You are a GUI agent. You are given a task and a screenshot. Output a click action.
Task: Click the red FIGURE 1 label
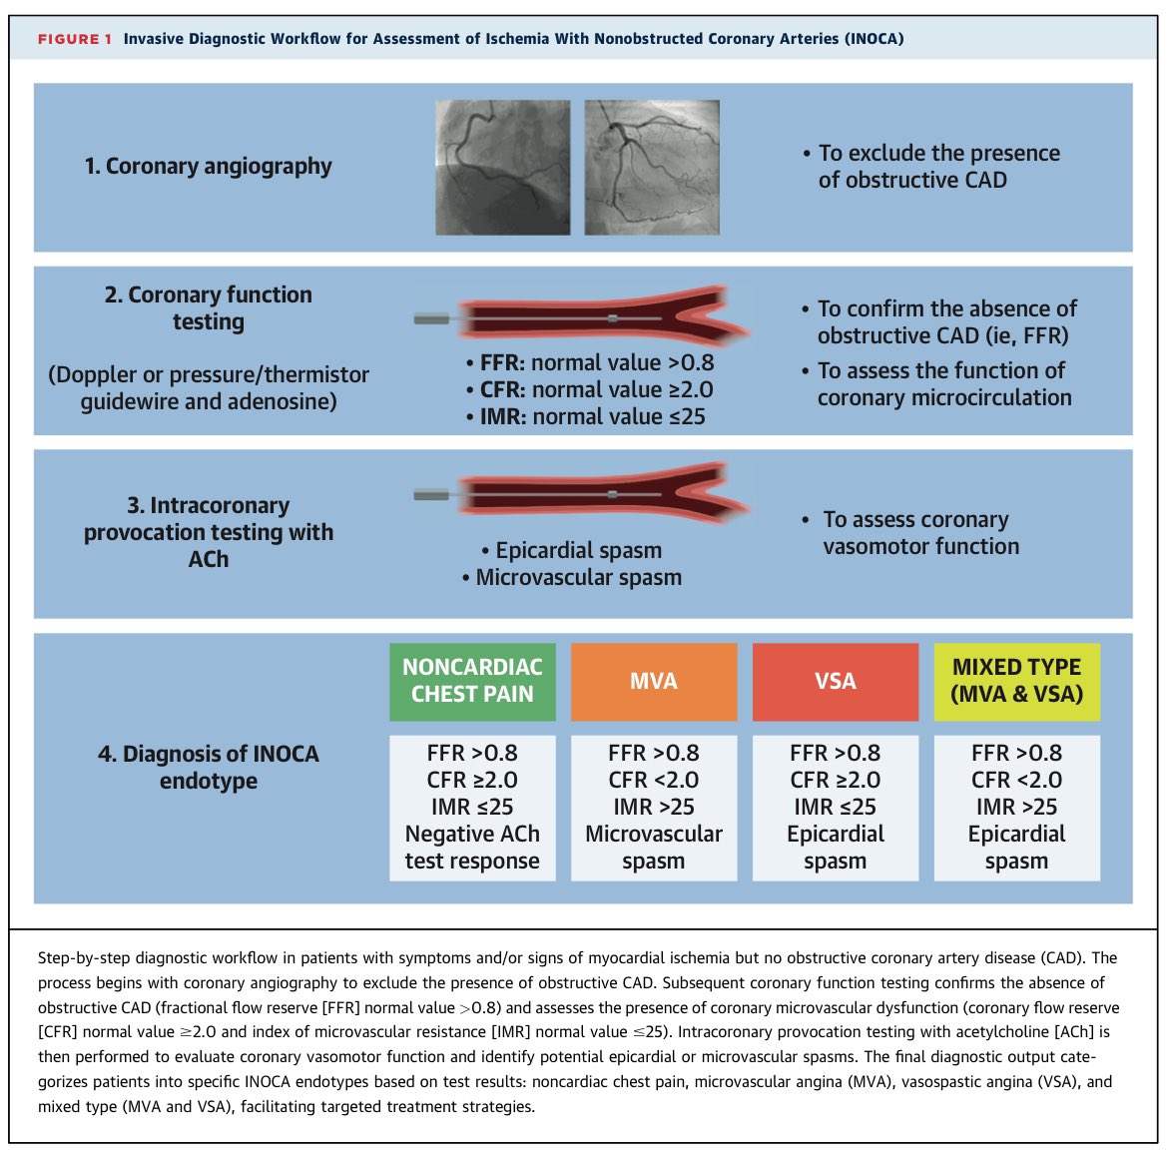pyautogui.click(x=75, y=39)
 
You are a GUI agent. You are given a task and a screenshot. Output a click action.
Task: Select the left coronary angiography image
pyautogui.click(x=503, y=168)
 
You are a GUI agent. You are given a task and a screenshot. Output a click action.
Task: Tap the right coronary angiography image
pyautogui.click(x=652, y=168)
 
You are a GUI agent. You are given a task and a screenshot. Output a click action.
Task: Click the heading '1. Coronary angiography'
pyautogui.click(x=208, y=166)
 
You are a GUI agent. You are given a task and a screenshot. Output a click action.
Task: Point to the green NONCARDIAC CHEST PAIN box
pyautogui.click(x=472, y=681)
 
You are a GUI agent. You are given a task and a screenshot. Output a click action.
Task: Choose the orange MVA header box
pyautogui.click(x=654, y=681)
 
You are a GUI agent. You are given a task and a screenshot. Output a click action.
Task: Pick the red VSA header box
pyautogui.click(x=835, y=681)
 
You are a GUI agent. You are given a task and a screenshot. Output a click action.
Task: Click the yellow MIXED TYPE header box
pyautogui.click(x=1017, y=681)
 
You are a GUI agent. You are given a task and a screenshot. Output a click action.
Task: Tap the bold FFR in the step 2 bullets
pyautogui.click(x=502, y=362)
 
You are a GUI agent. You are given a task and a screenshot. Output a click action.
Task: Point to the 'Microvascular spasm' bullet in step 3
pyautogui.click(x=571, y=577)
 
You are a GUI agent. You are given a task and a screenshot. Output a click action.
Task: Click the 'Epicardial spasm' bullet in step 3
pyautogui.click(x=571, y=551)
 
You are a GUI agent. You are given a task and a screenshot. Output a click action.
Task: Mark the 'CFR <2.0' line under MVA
pyautogui.click(x=654, y=780)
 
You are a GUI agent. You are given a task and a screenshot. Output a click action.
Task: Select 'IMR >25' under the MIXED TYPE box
pyautogui.click(x=1017, y=807)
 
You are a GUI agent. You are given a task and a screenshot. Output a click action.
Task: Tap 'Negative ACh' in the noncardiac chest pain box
pyautogui.click(x=472, y=834)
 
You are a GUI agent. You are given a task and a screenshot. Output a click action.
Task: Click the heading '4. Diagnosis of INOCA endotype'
pyautogui.click(x=209, y=768)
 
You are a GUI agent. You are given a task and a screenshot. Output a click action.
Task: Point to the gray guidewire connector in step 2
pyautogui.click(x=431, y=319)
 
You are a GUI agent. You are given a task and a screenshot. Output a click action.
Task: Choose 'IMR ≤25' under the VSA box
pyautogui.click(x=835, y=807)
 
